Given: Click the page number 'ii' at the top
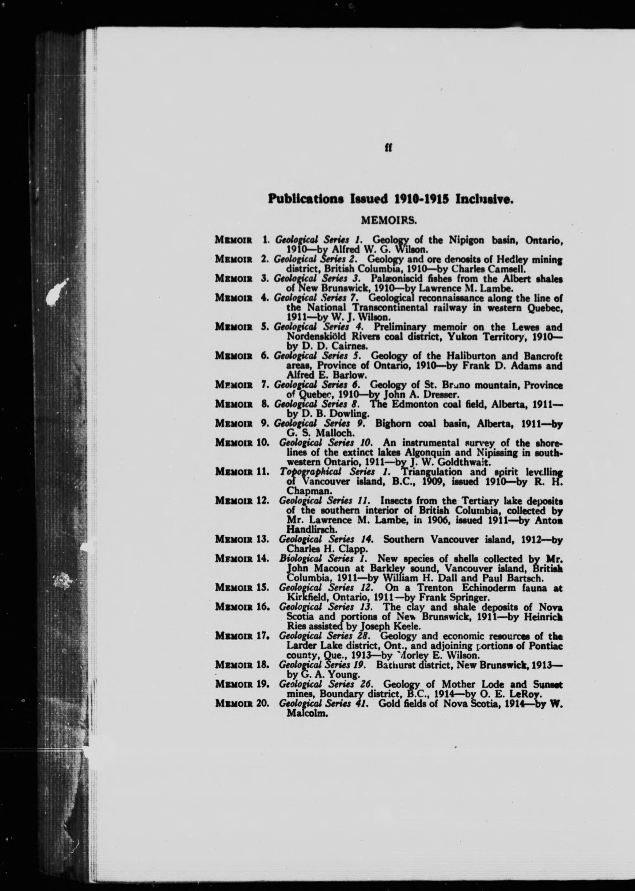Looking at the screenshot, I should [389, 148].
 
